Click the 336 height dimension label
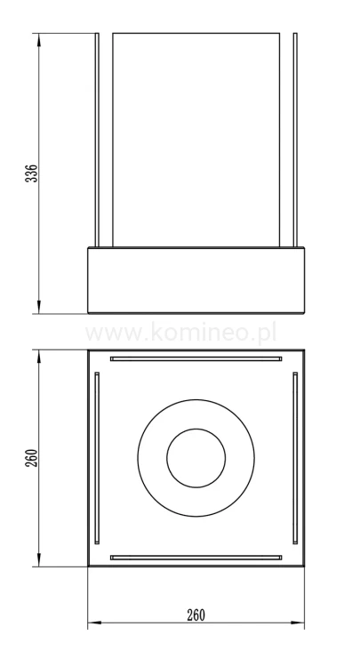[32, 173]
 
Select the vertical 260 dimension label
[32, 458]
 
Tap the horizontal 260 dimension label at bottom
[196, 615]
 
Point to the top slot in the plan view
[196, 358]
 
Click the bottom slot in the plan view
[196, 558]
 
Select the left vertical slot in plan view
[97, 458]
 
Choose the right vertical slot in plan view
[295, 458]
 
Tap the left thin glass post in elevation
[97, 140]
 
